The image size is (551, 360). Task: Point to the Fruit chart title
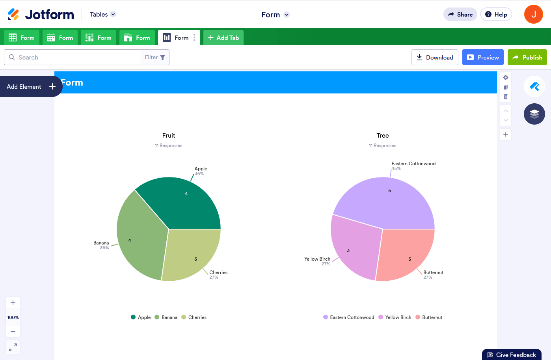point(169,136)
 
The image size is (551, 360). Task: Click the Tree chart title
point(383,136)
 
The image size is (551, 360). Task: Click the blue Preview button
point(483,57)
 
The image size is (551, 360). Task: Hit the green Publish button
point(527,57)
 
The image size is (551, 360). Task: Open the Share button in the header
point(460,15)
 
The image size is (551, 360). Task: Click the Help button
point(496,15)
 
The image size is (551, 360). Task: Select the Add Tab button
point(223,38)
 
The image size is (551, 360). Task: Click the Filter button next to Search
point(155,57)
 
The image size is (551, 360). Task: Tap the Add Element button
point(31,86)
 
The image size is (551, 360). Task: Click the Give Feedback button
point(512,355)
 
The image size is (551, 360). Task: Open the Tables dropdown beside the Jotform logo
point(102,15)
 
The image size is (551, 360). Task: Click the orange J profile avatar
point(534,14)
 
